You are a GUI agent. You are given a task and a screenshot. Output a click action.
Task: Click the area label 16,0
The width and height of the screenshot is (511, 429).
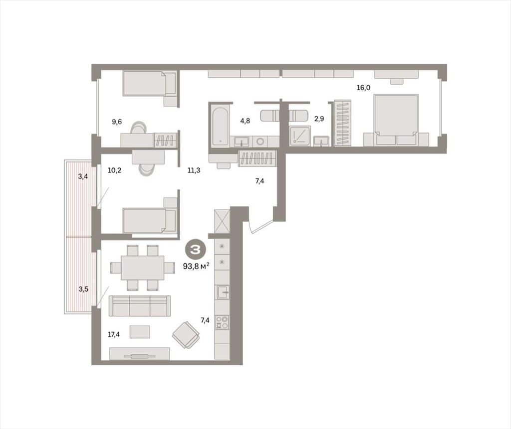363,88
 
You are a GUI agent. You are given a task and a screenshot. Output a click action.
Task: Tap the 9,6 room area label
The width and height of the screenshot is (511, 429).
117,122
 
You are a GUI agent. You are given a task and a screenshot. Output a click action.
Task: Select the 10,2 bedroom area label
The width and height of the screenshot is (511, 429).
114,170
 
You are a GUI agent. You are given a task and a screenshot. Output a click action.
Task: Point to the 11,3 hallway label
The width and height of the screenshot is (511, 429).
194,170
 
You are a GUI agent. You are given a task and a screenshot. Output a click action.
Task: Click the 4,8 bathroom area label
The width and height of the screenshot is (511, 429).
245,121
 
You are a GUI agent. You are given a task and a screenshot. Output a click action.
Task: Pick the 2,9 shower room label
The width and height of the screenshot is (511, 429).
319,119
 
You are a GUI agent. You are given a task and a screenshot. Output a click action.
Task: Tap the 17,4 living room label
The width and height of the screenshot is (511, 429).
114,334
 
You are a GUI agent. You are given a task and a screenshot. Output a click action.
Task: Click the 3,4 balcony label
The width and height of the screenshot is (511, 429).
83,177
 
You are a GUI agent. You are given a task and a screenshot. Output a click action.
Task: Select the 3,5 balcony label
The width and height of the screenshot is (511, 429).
83,289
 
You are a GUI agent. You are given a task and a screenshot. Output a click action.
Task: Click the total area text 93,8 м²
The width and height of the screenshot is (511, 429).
196,266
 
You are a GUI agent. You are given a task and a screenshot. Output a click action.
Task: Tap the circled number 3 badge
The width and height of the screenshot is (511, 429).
196,250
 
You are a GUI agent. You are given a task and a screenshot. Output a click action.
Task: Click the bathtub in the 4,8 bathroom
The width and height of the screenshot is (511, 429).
220,125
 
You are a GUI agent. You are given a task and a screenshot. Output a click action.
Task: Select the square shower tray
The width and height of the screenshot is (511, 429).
299,135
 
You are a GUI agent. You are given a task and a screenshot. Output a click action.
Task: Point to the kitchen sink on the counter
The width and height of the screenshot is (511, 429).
223,292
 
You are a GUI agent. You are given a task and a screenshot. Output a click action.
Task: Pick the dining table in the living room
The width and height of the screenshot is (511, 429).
143,268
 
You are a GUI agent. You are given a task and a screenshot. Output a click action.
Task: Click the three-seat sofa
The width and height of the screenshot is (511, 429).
140,305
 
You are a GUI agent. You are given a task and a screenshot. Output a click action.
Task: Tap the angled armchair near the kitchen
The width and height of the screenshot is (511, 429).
186,335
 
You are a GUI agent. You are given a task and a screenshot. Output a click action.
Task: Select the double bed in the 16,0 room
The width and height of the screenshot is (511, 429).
396,120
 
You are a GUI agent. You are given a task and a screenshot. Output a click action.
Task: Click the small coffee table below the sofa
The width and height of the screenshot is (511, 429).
140,332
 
